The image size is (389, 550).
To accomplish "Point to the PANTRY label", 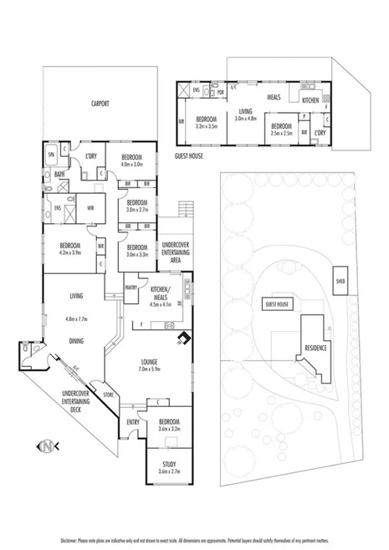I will [131, 287].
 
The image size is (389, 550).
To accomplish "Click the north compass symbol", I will [54, 445].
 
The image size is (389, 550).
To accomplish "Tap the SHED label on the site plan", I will [340, 280].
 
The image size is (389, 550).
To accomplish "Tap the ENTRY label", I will [133, 422].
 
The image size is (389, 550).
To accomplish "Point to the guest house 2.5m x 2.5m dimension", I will [281, 132].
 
